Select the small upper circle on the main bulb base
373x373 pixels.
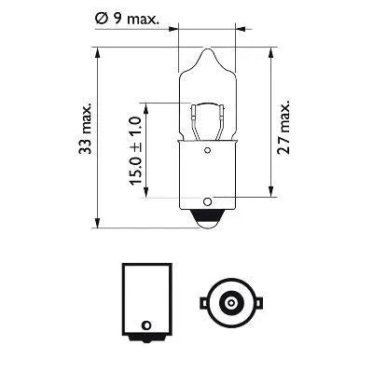coord(200,146)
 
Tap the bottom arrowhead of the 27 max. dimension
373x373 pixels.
coord(270,195)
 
